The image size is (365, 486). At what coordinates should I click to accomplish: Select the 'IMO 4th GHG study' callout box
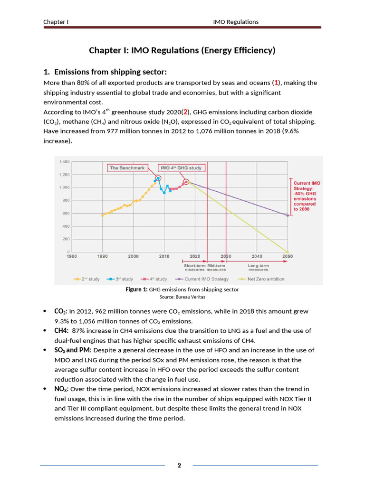(x=181, y=168)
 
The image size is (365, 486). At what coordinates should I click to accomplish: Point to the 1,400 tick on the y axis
(x=64, y=162)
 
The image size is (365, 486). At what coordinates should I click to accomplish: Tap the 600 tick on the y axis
(x=66, y=213)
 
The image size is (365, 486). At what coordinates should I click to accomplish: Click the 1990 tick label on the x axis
(x=102, y=256)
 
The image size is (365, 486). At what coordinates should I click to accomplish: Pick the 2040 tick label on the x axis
(x=257, y=256)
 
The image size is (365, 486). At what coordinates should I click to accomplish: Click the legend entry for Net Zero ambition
(x=265, y=279)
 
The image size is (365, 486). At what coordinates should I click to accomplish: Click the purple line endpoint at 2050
(x=288, y=215)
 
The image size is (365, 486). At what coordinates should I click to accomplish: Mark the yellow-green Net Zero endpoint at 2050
(x=288, y=252)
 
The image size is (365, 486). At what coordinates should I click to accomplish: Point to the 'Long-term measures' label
(x=258, y=267)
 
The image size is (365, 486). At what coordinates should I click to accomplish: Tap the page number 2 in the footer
(x=179, y=465)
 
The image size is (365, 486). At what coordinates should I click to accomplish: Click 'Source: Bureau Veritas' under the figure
(x=182, y=297)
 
